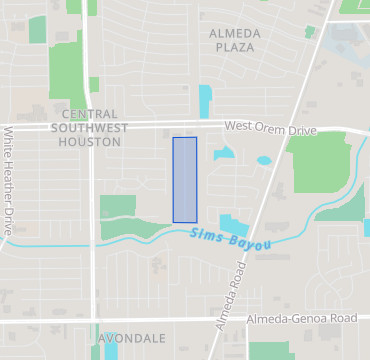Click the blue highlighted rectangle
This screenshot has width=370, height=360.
[185, 180]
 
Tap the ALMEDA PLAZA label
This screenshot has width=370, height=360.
[234, 40]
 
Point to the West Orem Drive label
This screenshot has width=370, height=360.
[270, 127]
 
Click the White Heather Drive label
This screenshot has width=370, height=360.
[9, 180]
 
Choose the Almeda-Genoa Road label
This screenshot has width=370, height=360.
[301, 318]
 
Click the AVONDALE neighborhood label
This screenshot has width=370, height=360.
[132, 338]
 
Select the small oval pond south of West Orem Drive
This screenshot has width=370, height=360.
[264, 160]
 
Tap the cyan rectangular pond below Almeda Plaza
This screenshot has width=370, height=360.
[205, 101]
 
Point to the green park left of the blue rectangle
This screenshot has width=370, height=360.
[118, 208]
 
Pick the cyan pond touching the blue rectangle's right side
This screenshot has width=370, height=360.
[222, 154]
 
